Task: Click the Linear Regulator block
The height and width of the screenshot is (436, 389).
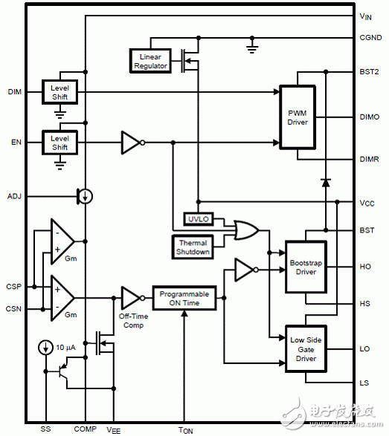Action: (150, 60)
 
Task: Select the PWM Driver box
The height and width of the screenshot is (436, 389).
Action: (302, 117)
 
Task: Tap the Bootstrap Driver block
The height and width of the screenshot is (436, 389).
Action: (306, 267)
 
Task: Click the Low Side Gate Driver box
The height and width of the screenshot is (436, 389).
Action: (306, 349)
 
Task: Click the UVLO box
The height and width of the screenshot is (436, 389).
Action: (198, 218)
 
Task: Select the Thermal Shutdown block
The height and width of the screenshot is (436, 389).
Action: (192, 246)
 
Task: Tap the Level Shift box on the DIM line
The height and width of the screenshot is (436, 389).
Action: (59, 92)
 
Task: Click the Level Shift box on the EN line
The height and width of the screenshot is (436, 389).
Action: (59, 141)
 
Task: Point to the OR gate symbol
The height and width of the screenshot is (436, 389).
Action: (245, 230)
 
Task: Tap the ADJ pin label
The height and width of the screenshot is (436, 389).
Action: (14, 196)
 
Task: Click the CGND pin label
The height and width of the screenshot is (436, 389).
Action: (370, 38)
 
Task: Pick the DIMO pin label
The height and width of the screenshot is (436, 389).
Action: (369, 117)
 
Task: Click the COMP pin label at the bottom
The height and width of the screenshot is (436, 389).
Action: (86, 429)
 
